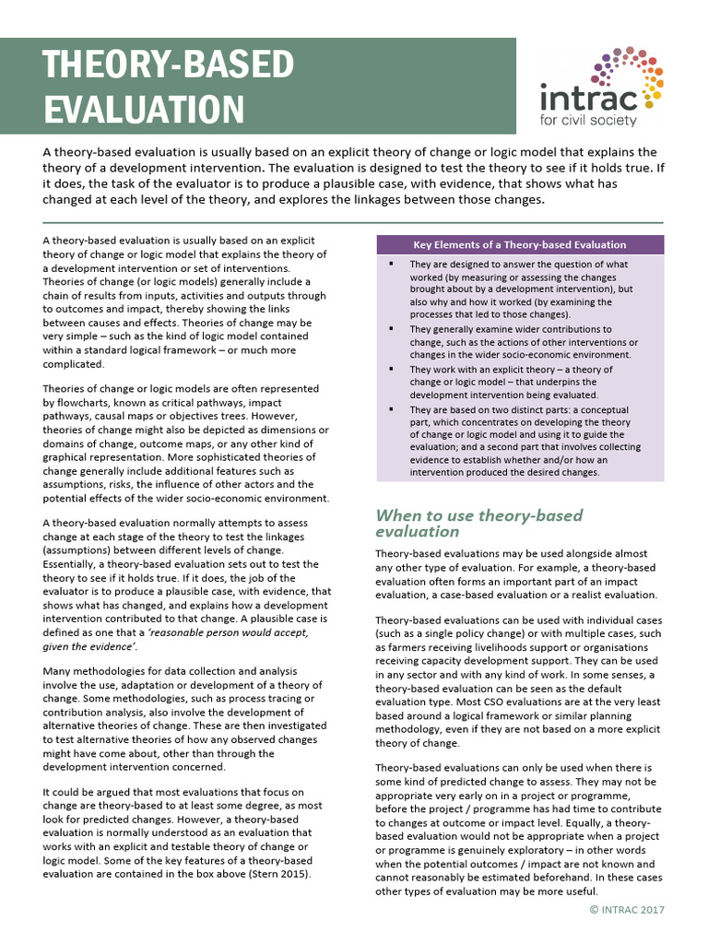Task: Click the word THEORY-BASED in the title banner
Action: pyautogui.click(x=169, y=65)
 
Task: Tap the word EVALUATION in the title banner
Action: pyautogui.click(x=144, y=109)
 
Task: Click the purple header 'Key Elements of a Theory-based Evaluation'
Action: pyautogui.click(x=519, y=245)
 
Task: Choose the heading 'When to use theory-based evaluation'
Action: pyautogui.click(x=478, y=523)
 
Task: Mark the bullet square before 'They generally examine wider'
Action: pyautogui.click(x=392, y=329)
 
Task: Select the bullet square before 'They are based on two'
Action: pyautogui.click(x=392, y=409)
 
